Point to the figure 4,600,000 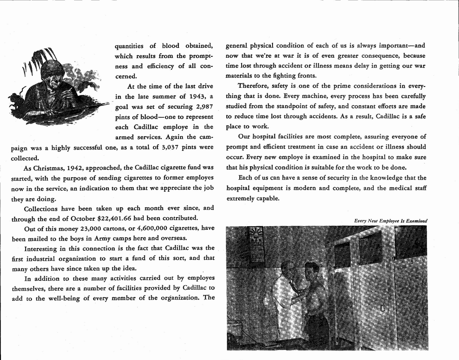pos(143,228)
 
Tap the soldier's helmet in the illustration pos(52,69)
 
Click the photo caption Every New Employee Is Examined pos(390,221)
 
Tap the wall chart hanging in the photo pos(256,244)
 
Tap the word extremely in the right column pos(240,198)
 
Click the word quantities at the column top pos(130,46)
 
